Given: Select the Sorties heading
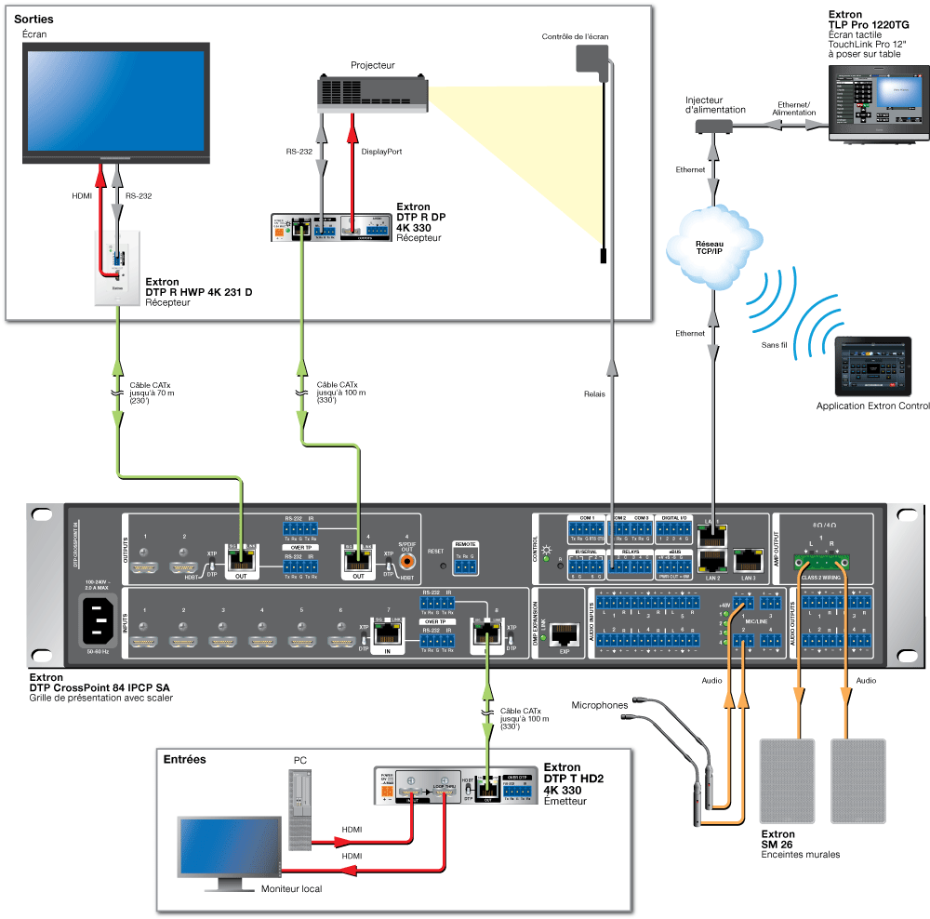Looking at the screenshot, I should point(33,19).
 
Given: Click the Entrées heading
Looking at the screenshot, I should point(184,759).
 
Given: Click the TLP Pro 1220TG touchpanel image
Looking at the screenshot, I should point(878,101).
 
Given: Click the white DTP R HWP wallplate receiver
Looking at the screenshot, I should point(117,268).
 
